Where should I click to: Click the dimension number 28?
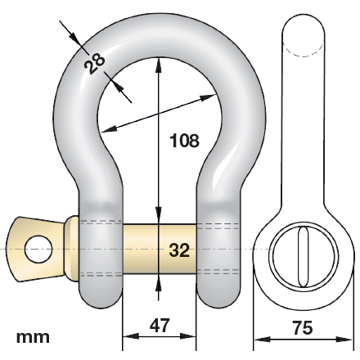(x=94, y=64)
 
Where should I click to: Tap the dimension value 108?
(x=184, y=141)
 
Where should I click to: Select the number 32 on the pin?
(x=179, y=250)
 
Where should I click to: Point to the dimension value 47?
(x=160, y=326)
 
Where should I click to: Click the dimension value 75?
(x=303, y=327)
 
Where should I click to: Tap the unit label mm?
(x=33, y=337)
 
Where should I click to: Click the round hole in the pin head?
(x=38, y=250)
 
